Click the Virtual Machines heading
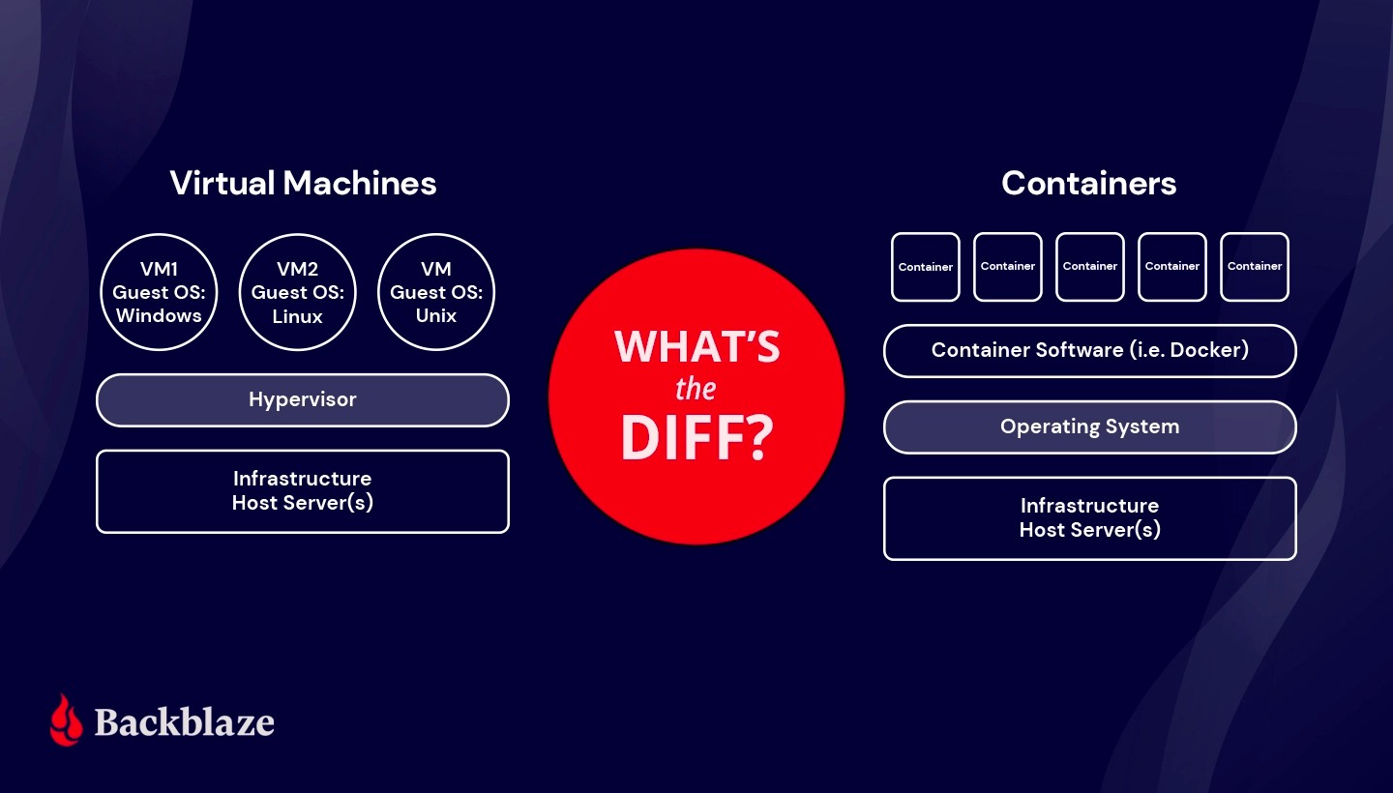(303, 183)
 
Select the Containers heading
(1088, 183)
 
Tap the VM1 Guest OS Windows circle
(158, 291)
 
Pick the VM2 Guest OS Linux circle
(297, 291)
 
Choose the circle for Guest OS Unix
(435, 291)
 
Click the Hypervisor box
(303, 399)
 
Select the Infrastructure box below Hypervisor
(303, 491)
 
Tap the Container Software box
(1089, 350)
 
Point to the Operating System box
(1089, 426)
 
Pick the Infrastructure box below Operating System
(1089, 518)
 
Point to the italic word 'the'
(696, 390)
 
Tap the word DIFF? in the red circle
(696, 438)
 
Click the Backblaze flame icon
(67, 720)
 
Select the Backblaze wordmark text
(185, 721)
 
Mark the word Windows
(159, 315)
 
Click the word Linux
(297, 315)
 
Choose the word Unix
(435, 315)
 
